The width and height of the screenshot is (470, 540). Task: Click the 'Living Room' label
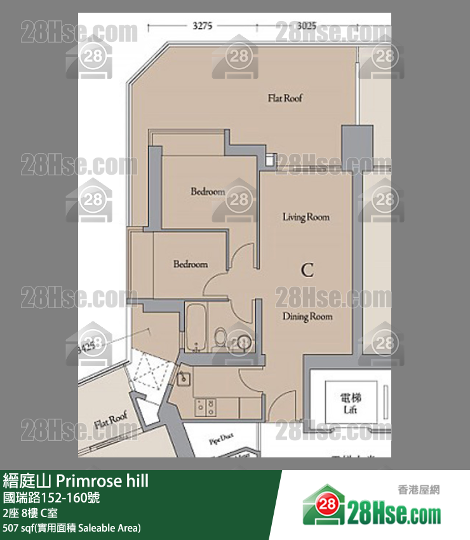pos(306,217)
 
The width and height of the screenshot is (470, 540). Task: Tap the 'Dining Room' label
pos(307,316)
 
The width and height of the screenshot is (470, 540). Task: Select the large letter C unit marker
pos(307,270)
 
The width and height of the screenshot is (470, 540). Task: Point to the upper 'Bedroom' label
pos(208,191)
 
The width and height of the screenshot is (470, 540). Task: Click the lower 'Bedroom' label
pos(191,264)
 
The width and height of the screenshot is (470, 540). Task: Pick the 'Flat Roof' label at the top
pos(285,98)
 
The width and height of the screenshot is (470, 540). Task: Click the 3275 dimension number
pos(203,26)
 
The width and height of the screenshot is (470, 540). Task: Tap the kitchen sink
pos(184,379)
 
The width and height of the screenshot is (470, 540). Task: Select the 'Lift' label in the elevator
pos(351,410)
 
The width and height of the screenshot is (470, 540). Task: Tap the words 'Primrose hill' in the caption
pos(107,481)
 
